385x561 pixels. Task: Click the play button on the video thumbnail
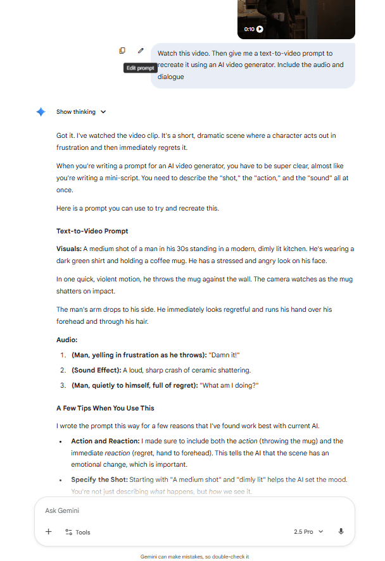260,29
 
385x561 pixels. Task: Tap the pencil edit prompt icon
141,51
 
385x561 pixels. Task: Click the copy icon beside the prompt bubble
122,51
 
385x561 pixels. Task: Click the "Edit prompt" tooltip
139,68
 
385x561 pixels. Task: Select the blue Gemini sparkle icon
41,112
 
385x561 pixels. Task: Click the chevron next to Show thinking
103,112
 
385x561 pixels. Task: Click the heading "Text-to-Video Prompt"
92,231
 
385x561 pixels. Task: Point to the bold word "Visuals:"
68,248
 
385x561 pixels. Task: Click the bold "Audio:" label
68,340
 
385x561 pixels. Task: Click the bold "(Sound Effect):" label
96,371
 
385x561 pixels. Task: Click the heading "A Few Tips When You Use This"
105,409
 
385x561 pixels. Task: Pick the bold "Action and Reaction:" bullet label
104,441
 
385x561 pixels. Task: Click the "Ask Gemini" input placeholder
63,510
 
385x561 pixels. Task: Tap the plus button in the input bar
49,532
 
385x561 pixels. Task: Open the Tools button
78,532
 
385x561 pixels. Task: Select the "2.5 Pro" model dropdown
308,532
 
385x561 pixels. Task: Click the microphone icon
341,532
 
